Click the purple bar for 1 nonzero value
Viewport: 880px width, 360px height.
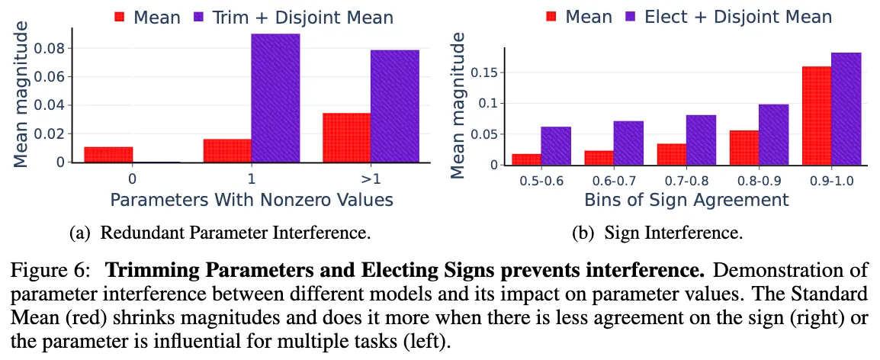(275, 98)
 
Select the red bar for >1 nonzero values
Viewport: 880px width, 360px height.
(346, 138)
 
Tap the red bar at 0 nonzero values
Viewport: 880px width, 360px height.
(108, 154)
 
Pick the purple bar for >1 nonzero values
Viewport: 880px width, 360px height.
(394, 106)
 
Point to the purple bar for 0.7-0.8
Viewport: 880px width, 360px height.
(701, 140)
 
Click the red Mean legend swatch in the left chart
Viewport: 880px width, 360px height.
(120, 16)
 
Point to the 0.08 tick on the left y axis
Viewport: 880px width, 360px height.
(53, 49)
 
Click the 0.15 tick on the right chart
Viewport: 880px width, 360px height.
(487, 72)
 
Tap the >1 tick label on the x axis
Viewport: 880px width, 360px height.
(371, 179)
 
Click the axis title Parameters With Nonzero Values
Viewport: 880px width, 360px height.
(252, 200)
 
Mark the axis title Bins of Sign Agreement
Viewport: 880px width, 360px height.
(686, 200)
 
